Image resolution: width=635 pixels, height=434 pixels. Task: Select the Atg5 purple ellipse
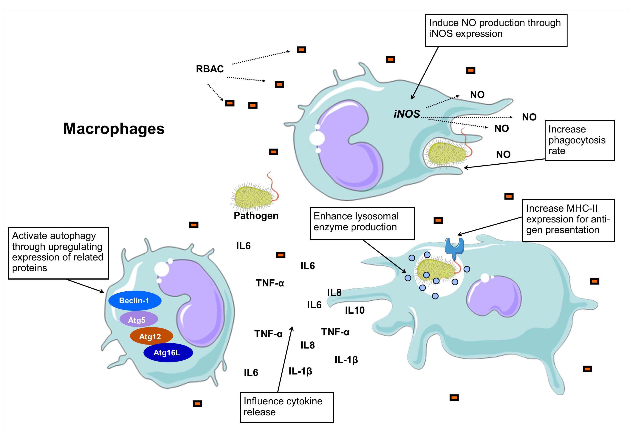(139, 320)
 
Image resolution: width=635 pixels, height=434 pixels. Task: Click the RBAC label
(210, 69)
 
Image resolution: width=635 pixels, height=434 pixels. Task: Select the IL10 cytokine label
(354, 310)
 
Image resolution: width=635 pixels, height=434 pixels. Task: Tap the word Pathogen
(256, 216)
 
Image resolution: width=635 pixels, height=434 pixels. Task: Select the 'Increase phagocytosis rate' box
(579, 140)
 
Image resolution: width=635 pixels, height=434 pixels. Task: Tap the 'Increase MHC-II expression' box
(568, 221)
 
